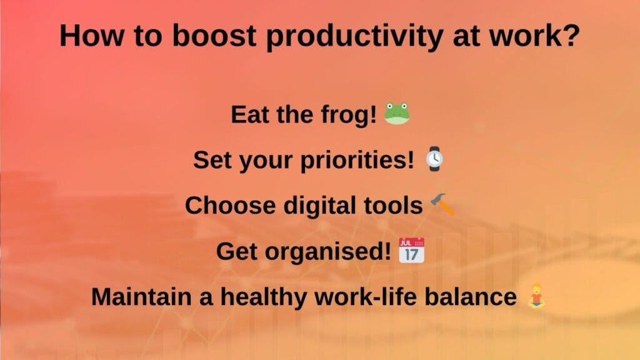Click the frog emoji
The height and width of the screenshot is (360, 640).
(x=396, y=114)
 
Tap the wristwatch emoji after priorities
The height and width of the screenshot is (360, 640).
(x=436, y=159)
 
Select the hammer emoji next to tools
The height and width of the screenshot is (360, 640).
(x=443, y=205)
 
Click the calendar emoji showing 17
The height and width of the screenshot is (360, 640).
(x=411, y=251)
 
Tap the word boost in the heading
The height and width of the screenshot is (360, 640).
(x=210, y=36)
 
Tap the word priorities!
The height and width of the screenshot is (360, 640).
(x=361, y=161)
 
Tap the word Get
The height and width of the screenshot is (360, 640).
(x=237, y=251)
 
